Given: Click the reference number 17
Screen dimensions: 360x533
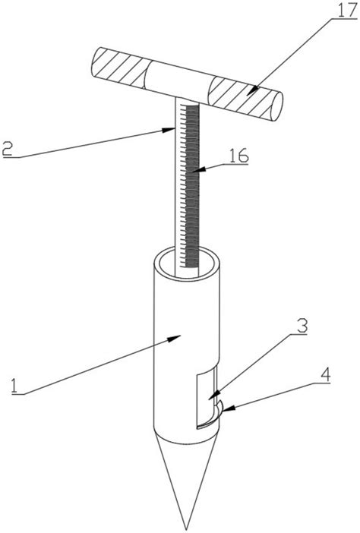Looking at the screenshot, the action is click(346, 11).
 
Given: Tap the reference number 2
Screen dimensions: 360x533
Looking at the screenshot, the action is click(7, 148).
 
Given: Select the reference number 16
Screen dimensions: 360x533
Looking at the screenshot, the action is click(238, 156).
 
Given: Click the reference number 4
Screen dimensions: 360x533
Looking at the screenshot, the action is click(325, 374).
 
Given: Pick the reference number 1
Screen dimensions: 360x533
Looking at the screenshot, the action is click(14, 386).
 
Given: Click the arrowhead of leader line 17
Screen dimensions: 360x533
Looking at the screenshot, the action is click(252, 91).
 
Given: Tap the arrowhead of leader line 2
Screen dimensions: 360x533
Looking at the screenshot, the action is click(169, 130).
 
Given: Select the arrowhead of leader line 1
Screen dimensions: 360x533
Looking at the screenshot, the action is click(175, 338).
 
